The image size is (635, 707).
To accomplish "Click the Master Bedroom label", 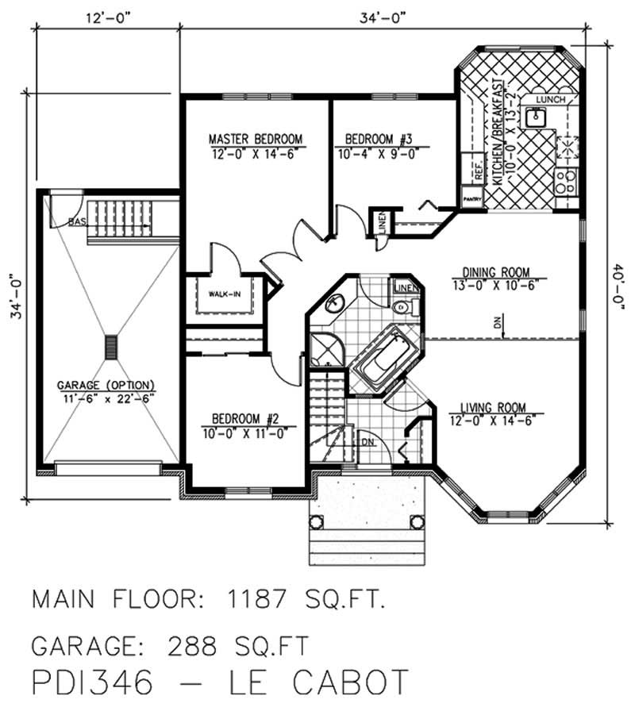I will tap(256, 140).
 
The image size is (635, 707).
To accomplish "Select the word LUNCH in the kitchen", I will tap(550, 99).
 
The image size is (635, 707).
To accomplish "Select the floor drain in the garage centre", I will tap(110, 347).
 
